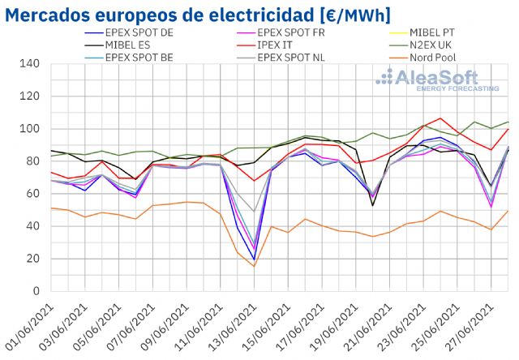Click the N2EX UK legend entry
click(433, 45)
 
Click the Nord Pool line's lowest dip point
click(254, 267)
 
